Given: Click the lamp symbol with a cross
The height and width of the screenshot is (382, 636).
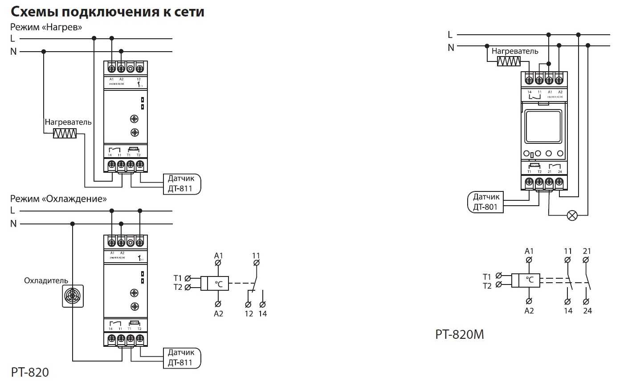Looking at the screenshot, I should [x=572, y=215].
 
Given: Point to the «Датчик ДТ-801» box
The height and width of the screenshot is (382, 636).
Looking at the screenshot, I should [x=485, y=202].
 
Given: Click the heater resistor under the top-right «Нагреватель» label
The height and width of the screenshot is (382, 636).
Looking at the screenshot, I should [x=509, y=61].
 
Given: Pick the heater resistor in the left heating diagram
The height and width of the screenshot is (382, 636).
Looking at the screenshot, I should [x=65, y=133].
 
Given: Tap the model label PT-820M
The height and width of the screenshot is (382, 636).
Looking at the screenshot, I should [x=459, y=334].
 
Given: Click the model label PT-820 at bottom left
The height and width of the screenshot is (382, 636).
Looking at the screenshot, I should [x=30, y=372].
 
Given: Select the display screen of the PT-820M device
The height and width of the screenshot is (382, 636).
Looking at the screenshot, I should [x=543, y=126].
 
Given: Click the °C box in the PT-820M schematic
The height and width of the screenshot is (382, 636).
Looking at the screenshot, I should [x=530, y=280].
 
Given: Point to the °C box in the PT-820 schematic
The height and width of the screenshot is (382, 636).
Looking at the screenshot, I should [x=219, y=284].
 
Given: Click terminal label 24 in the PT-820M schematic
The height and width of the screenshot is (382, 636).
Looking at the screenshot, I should [x=587, y=311].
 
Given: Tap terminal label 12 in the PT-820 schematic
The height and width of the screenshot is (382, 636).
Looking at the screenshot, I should [x=249, y=314].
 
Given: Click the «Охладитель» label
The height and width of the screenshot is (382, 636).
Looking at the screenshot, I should [x=46, y=281].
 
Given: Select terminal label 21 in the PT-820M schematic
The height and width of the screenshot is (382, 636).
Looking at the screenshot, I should [x=587, y=251].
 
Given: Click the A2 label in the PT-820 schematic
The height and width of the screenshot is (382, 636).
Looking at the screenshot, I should [x=218, y=314].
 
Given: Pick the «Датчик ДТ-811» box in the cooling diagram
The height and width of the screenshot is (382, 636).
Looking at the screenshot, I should [x=182, y=358].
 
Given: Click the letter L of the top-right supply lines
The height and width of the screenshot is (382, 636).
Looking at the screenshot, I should [x=450, y=35].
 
